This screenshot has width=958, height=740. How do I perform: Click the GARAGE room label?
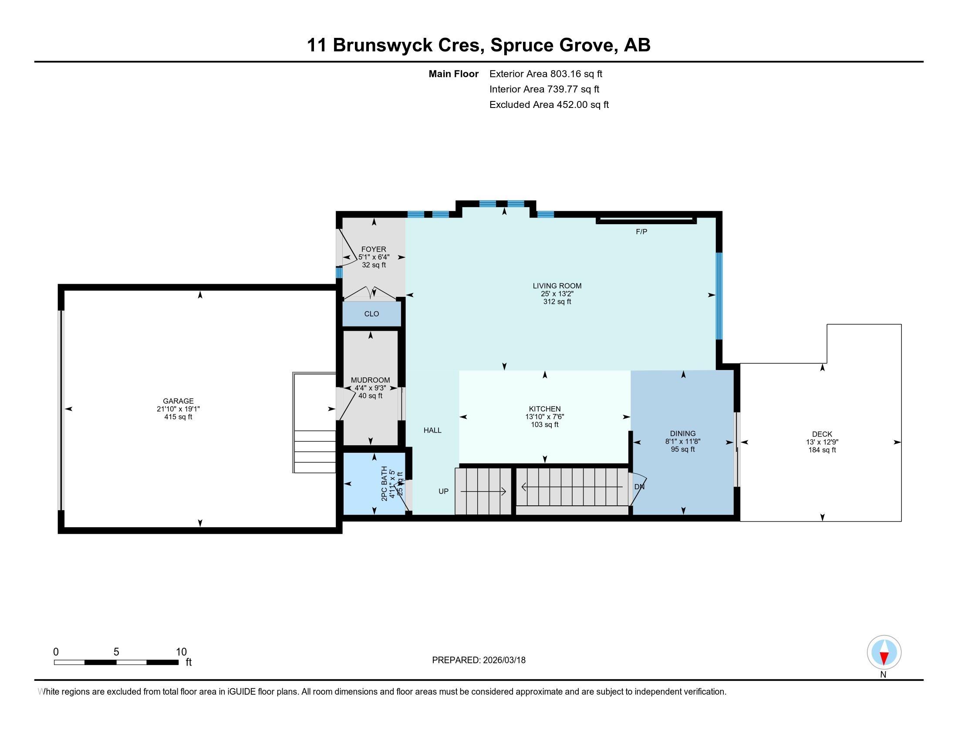tap(178, 400)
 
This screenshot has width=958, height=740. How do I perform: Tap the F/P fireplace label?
tap(641, 232)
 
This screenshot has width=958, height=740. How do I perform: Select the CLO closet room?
tap(371, 314)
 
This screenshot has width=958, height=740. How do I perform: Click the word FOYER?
tap(374, 249)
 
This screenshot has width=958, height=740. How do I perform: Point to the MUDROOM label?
tap(370, 380)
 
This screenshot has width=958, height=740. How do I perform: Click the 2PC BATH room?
tap(374, 483)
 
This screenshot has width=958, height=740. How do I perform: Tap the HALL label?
tap(432, 431)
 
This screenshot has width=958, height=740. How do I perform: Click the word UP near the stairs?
tap(443, 491)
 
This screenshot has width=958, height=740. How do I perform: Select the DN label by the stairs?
tap(639, 487)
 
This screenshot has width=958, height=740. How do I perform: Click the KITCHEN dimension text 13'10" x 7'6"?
tap(544, 417)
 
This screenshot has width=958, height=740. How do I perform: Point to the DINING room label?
tap(682, 434)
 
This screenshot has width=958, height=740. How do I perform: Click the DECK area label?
tap(822, 434)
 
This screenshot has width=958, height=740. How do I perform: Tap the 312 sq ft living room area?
tap(557, 302)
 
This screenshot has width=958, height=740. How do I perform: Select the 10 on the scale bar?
tap(181, 652)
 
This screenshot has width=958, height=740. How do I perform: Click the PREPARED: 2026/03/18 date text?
tap(479, 660)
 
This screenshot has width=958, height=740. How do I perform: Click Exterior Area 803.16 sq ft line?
tap(546, 74)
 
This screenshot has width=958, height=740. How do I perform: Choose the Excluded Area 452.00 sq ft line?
tap(549, 105)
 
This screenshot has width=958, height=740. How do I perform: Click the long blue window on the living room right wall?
tap(718, 296)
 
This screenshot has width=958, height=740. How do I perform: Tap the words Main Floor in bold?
tap(453, 74)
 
